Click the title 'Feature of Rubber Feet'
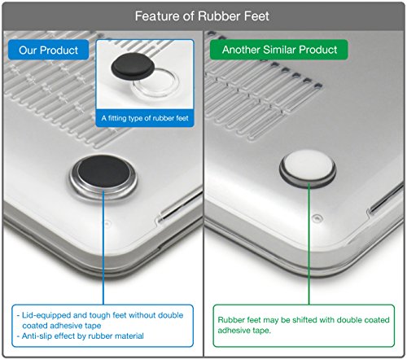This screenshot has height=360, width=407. pyautogui.click(x=202, y=16)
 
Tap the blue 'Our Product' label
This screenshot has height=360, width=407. pyautogui.click(x=49, y=50)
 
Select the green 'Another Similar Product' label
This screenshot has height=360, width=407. pyautogui.click(x=279, y=50)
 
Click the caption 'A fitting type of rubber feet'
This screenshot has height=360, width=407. pyautogui.click(x=145, y=118)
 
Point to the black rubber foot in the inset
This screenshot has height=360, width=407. pyautogui.click(x=133, y=66)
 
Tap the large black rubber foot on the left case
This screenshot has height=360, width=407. pyautogui.click(x=103, y=172)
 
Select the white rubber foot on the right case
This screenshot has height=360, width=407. pyautogui.click(x=308, y=165)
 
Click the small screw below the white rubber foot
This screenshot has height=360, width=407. pyautogui.click(x=317, y=217)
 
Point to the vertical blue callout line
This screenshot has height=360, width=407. pyautogui.click(x=103, y=248)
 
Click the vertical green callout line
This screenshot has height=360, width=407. pyautogui.click(x=309, y=244)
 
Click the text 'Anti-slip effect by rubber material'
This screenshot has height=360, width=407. pyautogui.click(x=83, y=336)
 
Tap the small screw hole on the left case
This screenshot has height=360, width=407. pyautogui.click(x=107, y=223)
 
